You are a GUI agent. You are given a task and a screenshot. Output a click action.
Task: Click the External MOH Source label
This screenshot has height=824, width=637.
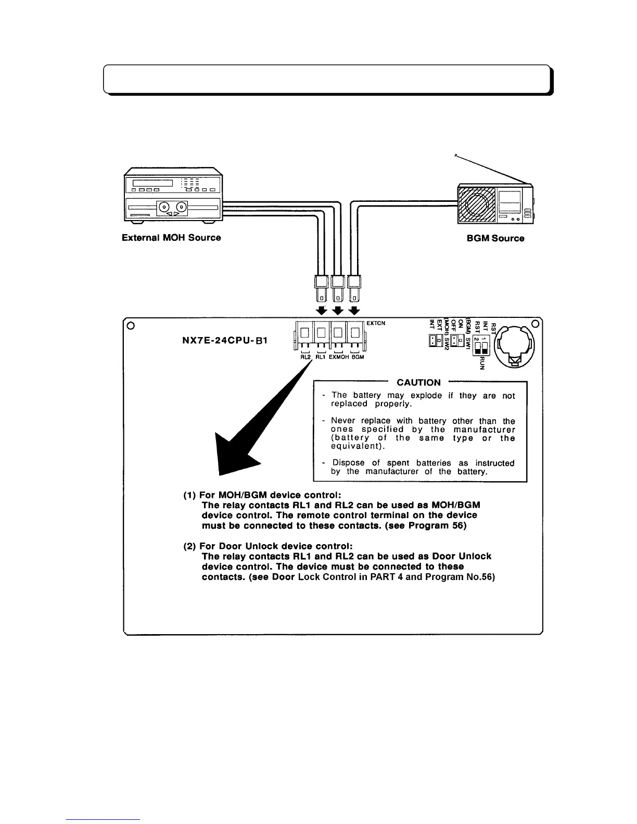(171, 238)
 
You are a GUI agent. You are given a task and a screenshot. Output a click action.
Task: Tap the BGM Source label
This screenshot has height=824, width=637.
(495, 238)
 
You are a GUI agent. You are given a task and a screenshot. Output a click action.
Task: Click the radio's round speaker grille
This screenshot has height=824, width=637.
(475, 205)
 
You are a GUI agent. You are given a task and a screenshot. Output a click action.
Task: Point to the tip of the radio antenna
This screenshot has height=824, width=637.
(455, 154)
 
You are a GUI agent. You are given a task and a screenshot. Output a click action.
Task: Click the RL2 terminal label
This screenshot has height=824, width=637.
(305, 357)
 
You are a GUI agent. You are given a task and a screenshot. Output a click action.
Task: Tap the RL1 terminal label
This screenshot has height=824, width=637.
(321, 357)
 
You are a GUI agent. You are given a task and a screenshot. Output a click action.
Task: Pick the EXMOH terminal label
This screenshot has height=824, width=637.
(339, 357)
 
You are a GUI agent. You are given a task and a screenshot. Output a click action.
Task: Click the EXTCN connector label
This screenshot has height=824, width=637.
(376, 323)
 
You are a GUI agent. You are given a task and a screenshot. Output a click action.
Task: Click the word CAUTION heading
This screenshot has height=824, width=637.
(418, 382)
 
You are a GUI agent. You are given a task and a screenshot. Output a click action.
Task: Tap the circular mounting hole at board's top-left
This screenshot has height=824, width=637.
(131, 326)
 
